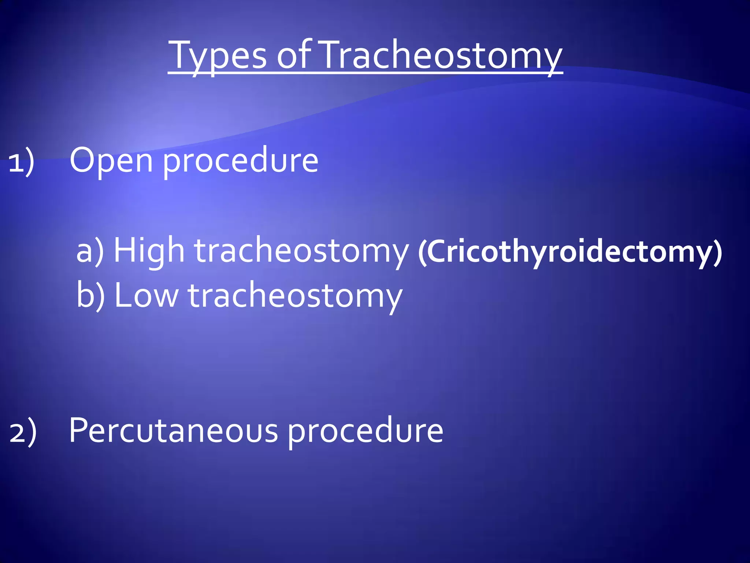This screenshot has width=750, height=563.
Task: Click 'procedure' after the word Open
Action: click(x=240, y=161)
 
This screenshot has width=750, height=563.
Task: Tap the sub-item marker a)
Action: click(x=90, y=251)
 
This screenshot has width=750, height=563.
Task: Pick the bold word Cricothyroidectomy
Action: click(x=569, y=252)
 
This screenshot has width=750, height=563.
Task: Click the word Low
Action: click(x=146, y=295)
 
